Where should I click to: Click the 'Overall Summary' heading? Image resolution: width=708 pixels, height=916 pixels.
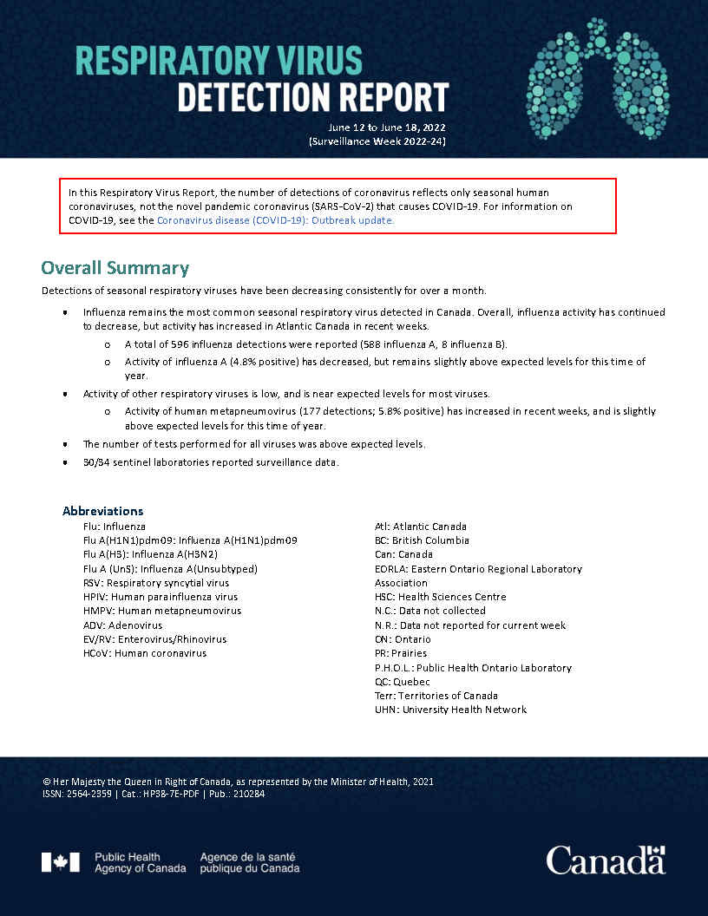(115, 267)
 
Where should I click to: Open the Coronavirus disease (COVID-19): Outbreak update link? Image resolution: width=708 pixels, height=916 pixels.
(275, 220)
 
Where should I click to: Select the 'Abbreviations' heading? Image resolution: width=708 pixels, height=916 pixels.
(102, 511)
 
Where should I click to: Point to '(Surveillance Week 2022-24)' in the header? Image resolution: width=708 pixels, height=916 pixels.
(377, 141)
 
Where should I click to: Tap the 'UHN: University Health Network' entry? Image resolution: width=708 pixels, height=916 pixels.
(450, 710)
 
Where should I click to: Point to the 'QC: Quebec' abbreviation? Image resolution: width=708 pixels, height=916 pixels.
(402, 682)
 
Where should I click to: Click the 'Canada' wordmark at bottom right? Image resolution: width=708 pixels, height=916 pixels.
(606, 860)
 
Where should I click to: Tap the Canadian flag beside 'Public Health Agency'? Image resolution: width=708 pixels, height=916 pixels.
(60, 862)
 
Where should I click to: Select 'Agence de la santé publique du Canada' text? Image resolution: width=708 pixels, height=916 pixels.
(250, 862)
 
